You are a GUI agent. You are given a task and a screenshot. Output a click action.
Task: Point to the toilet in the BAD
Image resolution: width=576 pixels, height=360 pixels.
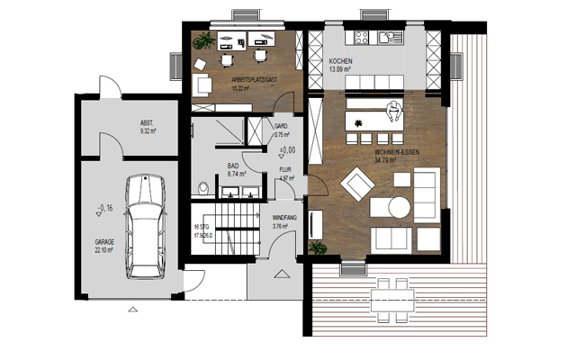204,188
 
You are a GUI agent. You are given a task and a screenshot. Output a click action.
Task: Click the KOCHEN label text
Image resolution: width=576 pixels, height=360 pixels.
338,61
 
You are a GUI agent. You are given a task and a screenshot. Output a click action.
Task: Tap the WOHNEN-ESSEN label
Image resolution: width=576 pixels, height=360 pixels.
396,153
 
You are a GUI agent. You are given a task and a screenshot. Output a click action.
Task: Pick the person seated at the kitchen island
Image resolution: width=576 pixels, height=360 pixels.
392,112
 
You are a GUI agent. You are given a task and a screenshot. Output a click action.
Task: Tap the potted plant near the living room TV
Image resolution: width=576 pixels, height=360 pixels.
316,247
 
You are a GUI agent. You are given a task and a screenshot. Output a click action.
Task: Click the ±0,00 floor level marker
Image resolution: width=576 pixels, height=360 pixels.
287,149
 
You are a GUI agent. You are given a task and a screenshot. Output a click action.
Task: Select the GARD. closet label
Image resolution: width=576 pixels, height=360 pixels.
280,127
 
